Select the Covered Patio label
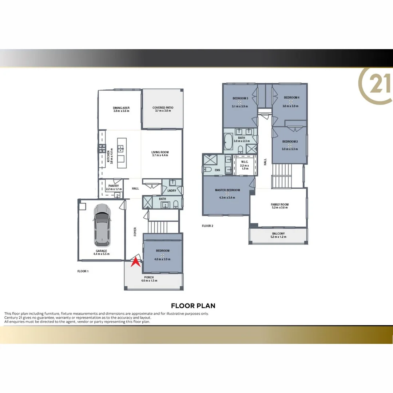pyautogui.click(x=163, y=108)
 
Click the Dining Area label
pyautogui.click(x=121, y=108)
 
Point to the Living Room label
pyautogui.click(x=160, y=152)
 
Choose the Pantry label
pyautogui.click(x=114, y=186)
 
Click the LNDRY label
pyautogui.click(x=171, y=190)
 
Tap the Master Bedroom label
pyautogui.click(x=227, y=190)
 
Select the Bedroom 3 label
pyautogui.click(x=240, y=98)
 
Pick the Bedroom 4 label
pyautogui.click(x=291, y=98)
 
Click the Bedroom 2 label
pyautogui.click(x=290, y=141)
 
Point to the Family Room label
pyautogui.click(x=280, y=205)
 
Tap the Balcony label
pyautogui.click(x=278, y=234)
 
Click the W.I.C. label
pyautogui.click(x=245, y=162)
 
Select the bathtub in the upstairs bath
pyautogui.click(x=229, y=142)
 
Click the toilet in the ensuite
pyautogui.click(x=207, y=170)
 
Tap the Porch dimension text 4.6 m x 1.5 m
pyautogui.click(x=149, y=281)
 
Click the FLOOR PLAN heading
pyautogui.click(x=193, y=306)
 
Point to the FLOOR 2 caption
pyautogui.click(x=207, y=226)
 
